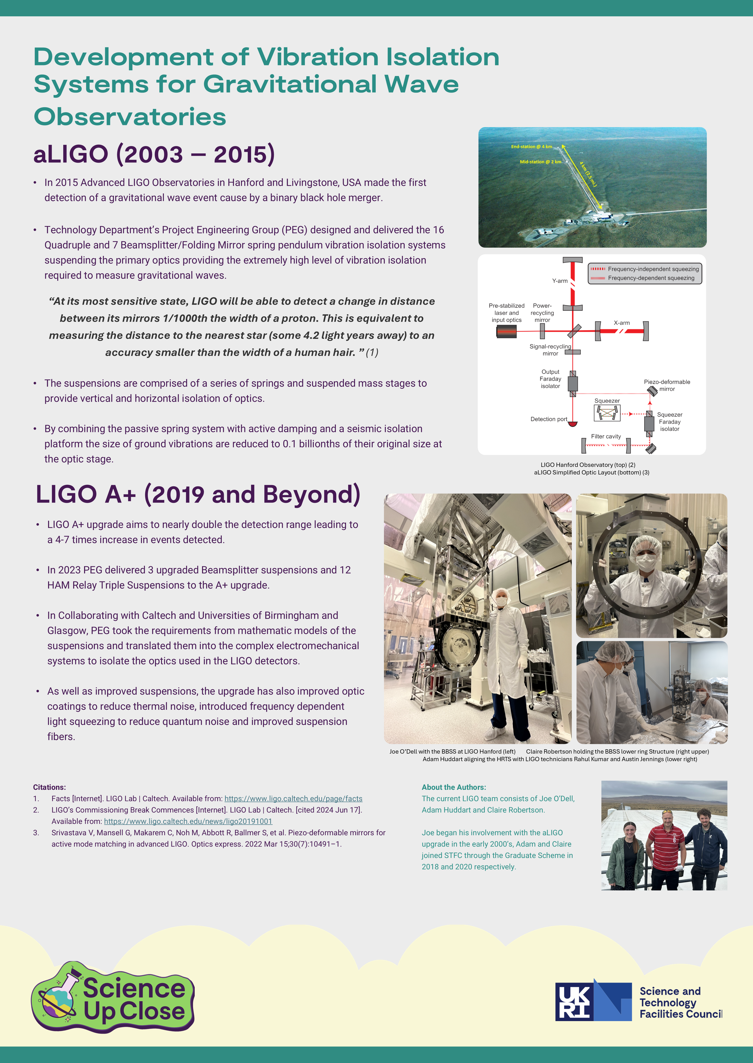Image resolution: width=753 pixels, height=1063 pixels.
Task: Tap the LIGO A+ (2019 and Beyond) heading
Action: (x=198, y=494)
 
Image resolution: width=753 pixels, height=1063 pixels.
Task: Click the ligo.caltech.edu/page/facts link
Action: (x=293, y=798)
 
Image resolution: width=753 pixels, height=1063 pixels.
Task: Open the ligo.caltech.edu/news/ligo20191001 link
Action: (x=188, y=821)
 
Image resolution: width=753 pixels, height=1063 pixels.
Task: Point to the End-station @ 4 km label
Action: (x=531, y=147)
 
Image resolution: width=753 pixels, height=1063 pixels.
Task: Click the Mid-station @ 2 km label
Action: (x=540, y=162)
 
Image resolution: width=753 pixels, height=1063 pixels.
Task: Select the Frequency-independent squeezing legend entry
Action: (x=653, y=269)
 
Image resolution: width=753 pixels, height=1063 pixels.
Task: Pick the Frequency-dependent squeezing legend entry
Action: (x=651, y=278)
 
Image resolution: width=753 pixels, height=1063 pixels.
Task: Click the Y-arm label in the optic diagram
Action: (x=560, y=281)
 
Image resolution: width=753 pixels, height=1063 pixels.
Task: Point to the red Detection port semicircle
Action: (x=573, y=424)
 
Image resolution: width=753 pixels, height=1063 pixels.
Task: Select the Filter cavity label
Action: (x=606, y=437)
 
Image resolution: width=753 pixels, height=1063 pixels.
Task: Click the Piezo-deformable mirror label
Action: (x=667, y=385)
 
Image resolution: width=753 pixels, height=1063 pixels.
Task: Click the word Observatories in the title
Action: (x=130, y=117)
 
